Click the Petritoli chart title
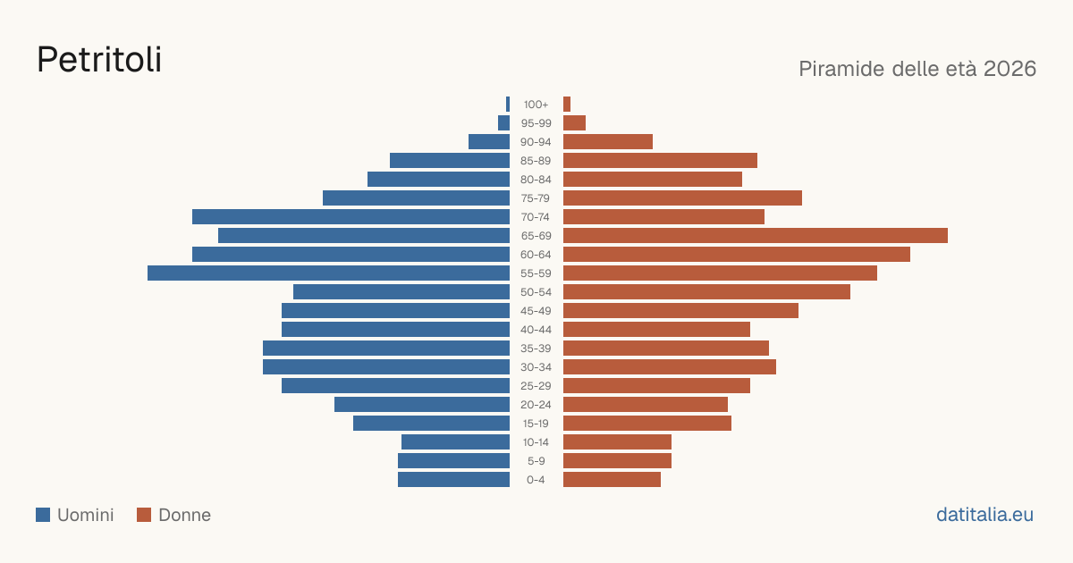tap(99, 60)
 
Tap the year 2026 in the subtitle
tap(1010, 69)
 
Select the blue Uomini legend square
tap(43, 515)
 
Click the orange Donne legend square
tap(144, 515)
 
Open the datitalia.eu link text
tap(984, 515)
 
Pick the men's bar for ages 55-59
tap(329, 273)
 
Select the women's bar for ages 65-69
tap(756, 236)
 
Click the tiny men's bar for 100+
tap(508, 104)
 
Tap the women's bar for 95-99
tap(574, 123)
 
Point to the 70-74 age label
tap(536, 217)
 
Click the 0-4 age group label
tap(536, 480)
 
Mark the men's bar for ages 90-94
tap(489, 142)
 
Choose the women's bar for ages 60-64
tap(737, 254)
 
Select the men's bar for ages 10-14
tap(455, 441)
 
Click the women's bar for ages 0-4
tap(613, 480)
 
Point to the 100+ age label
tap(536, 105)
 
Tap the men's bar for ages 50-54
tap(401, 292)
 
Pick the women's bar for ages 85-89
tap(660, 160)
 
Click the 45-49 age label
tap(536, 311)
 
